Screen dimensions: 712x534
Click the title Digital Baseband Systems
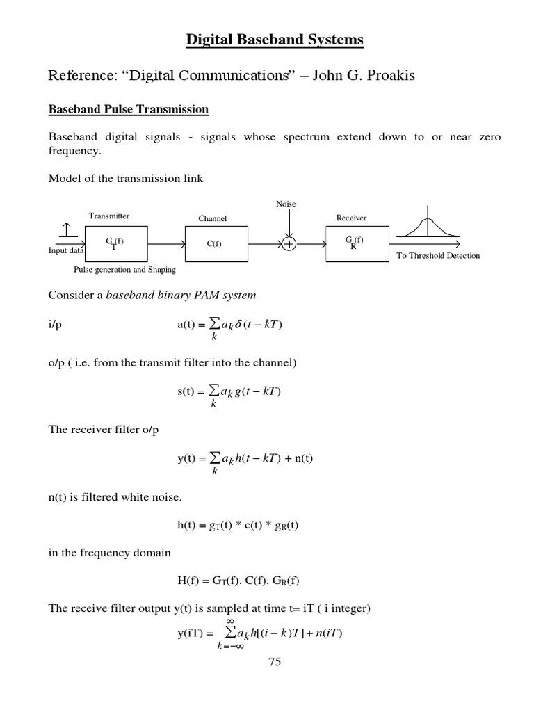(274, 40)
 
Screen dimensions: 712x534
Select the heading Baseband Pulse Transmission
(128, 110)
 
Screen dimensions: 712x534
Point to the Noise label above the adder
(286, 204)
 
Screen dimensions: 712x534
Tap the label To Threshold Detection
(438, 256)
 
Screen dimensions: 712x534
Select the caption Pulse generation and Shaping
(124, 269)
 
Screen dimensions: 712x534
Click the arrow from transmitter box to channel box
(166, 244)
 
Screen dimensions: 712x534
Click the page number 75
(274, 662)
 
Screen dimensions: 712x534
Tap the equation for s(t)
(229, 392)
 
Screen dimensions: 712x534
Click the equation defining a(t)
(230, 325)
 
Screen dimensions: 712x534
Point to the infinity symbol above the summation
(231, 621)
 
